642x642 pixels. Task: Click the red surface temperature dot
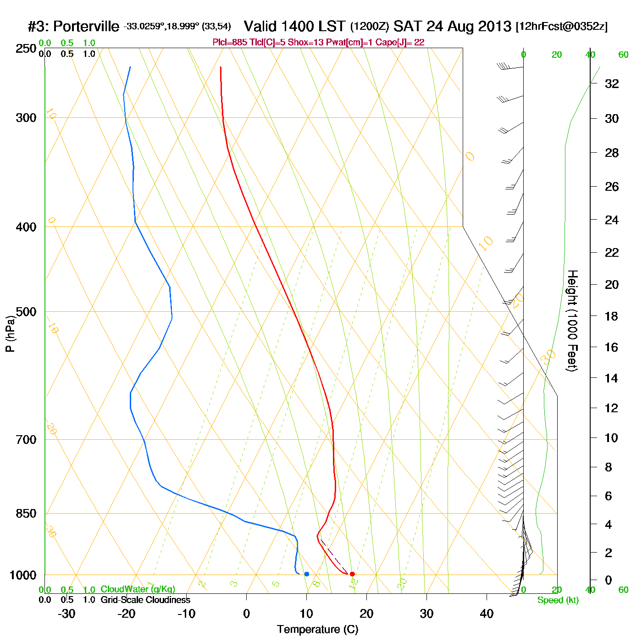(352, 574)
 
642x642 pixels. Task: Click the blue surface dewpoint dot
(307, 574)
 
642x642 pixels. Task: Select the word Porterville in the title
(86, 27)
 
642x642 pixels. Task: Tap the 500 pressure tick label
(26, 312)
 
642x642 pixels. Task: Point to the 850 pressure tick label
(26, 514)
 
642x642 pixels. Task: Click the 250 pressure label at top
(26, 49)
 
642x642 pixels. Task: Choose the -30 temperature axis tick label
(66, 614)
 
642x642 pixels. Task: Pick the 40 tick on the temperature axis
(487, 614)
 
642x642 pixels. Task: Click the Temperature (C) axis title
(317, 630)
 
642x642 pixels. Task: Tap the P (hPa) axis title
(10, 334)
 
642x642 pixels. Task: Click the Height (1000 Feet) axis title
(572, 321)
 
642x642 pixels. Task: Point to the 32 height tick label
(612, 83)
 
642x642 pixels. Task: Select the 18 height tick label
(612, 316)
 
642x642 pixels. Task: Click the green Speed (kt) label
(558, 600)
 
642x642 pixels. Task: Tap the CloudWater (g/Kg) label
(138, 589)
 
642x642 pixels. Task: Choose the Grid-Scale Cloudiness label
(145, 600)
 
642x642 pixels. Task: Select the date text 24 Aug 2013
(469, 26)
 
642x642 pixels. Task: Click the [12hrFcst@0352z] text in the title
(562, 27)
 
